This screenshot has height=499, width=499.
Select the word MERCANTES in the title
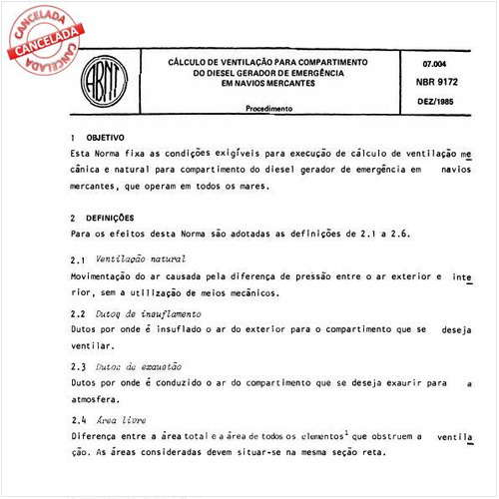[284, 84]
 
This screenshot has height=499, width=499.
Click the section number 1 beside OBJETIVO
[73, 138]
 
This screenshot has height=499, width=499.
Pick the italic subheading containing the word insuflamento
[141, 313]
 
